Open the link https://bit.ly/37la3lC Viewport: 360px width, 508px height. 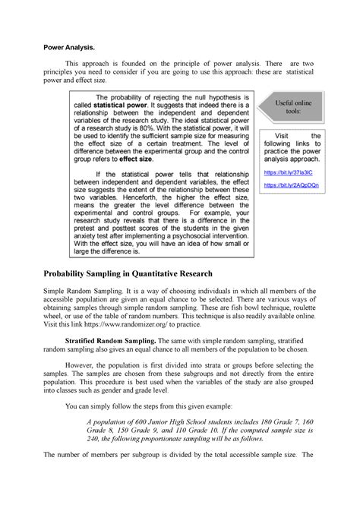287,172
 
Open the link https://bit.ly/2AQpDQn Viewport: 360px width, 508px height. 291,185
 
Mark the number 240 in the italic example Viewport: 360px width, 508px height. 93,443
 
